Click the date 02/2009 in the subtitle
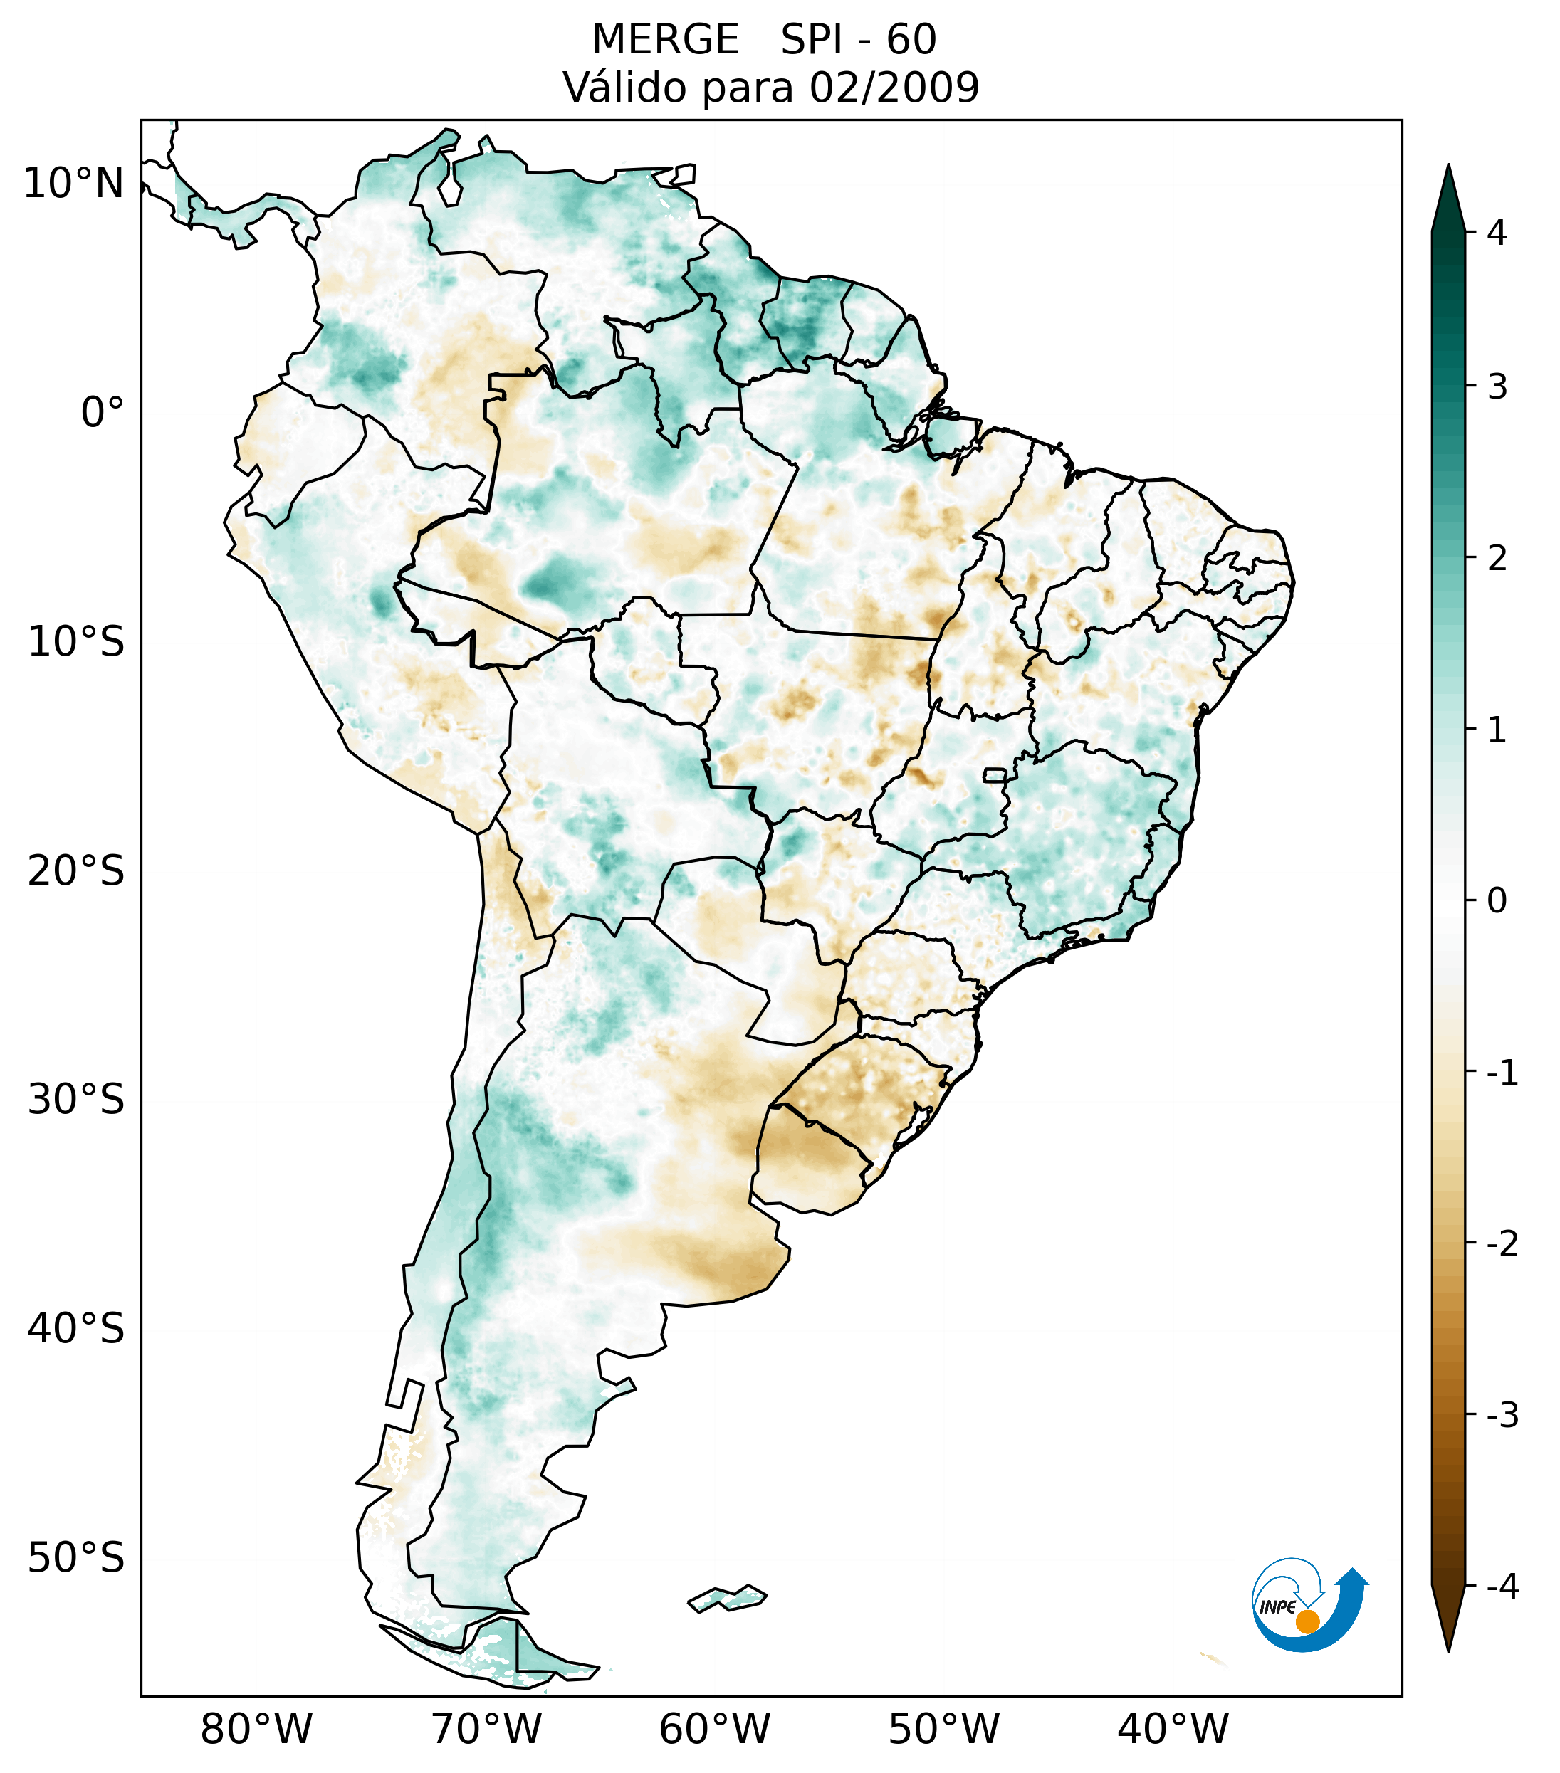(x=894, y=88)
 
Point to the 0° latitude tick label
(x=103, y=413)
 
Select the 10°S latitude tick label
(x=76, y=643)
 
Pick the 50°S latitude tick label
(x=76, y=1558)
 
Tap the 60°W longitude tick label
(x=714, y=1729)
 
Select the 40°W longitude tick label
(x=1173, y=1729)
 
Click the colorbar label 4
(x=1497, y=233)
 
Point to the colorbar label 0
(x=1497, y=901)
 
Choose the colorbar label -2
(x=1502, y=1244)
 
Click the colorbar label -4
(x=1502, y=1587)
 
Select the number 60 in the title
(x=911, y=40)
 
